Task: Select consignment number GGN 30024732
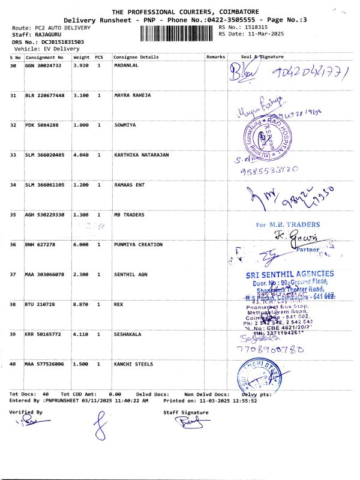tap(43, 65)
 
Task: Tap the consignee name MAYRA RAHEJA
tap(133, 95)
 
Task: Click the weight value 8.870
tap(81, 304)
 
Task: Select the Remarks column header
tap(215, 56)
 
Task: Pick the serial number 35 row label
tap(13, 214)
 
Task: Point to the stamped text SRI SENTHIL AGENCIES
tap(290, 274)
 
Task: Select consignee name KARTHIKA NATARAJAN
tap(142, 155)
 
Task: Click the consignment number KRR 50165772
tap(44, 334)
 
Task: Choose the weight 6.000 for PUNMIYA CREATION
tap(81, 244)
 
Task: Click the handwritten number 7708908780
tap(266, 347)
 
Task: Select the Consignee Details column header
tap(136, 56)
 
